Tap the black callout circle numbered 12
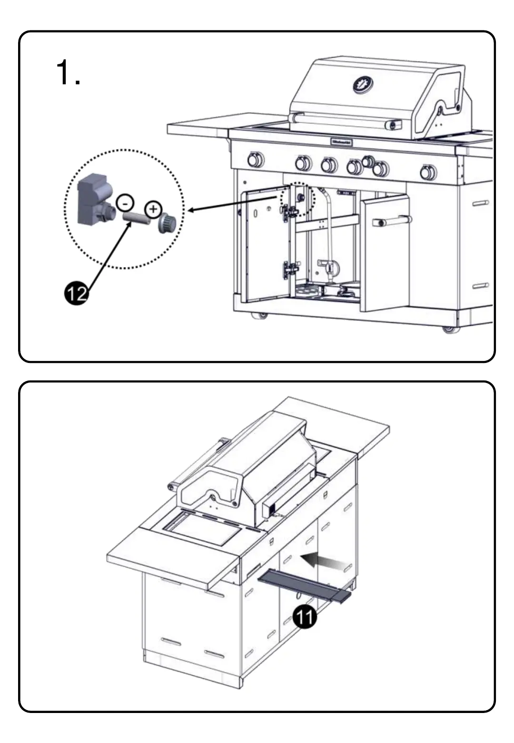coord(76,293)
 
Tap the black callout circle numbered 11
coord(305,617)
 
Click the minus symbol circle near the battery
coord(125,203)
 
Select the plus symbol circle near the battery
coord(153,209)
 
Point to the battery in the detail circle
coord(137,217)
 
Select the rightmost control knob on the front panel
coord(428,172)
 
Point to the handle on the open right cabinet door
coord(392,221)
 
